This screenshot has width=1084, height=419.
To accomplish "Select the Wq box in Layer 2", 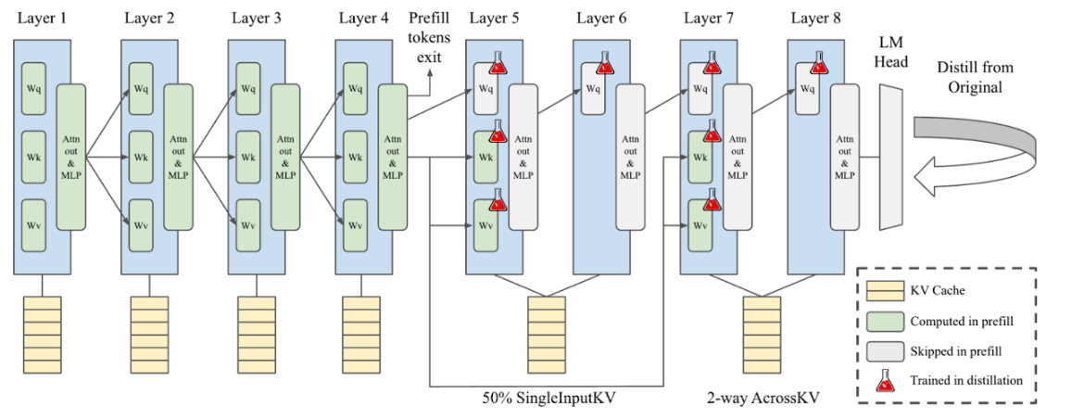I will point(142,89).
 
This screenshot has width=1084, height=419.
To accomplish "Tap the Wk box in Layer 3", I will point(248,158).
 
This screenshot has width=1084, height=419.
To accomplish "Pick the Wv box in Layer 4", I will point(355,225).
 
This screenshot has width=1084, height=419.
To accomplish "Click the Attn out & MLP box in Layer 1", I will point(71,157).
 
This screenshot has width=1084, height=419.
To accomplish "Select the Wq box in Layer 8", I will point(807,89).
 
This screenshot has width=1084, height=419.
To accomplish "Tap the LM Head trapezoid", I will point(890,157).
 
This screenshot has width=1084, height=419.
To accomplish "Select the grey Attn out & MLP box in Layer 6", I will point(630,157).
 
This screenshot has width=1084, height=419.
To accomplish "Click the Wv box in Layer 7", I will point(700,225).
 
